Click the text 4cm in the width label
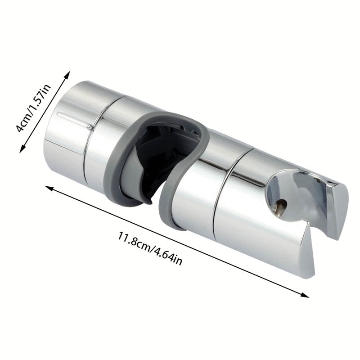(x=24, y=121)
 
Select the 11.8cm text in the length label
(x=133, y=241)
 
